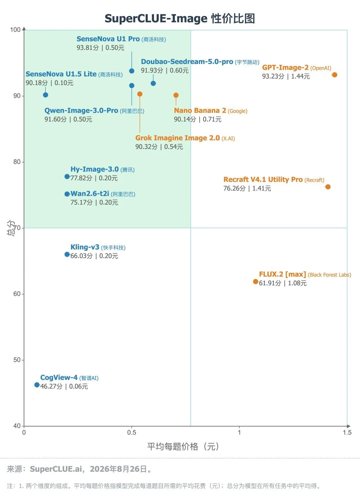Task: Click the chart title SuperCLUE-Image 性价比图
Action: (180, 18)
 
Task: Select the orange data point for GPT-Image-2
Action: (335, 75)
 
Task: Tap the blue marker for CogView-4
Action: (37, 385)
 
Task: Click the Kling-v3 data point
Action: (67, 254)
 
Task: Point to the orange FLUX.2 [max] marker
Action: (256, 282)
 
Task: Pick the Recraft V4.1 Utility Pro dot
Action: (328, 187)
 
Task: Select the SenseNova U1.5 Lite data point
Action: (46, 95)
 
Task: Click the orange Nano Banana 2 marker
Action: (176, 95)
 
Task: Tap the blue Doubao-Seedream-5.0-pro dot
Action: (153, 83)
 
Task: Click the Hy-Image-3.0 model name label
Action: (94, 169)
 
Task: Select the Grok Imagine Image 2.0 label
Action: (177, 138)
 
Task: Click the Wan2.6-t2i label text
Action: (90, 193)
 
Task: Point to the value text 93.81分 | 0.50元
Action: (100, 48)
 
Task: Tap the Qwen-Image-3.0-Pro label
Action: (81, 110)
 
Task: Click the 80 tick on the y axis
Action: (17, 162)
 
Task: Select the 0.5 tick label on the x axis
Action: (132, 432)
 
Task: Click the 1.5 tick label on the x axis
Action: (347, 432)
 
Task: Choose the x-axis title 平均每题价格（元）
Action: (183, 446)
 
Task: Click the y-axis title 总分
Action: (11, 228)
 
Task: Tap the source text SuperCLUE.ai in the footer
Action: (56, 469)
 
